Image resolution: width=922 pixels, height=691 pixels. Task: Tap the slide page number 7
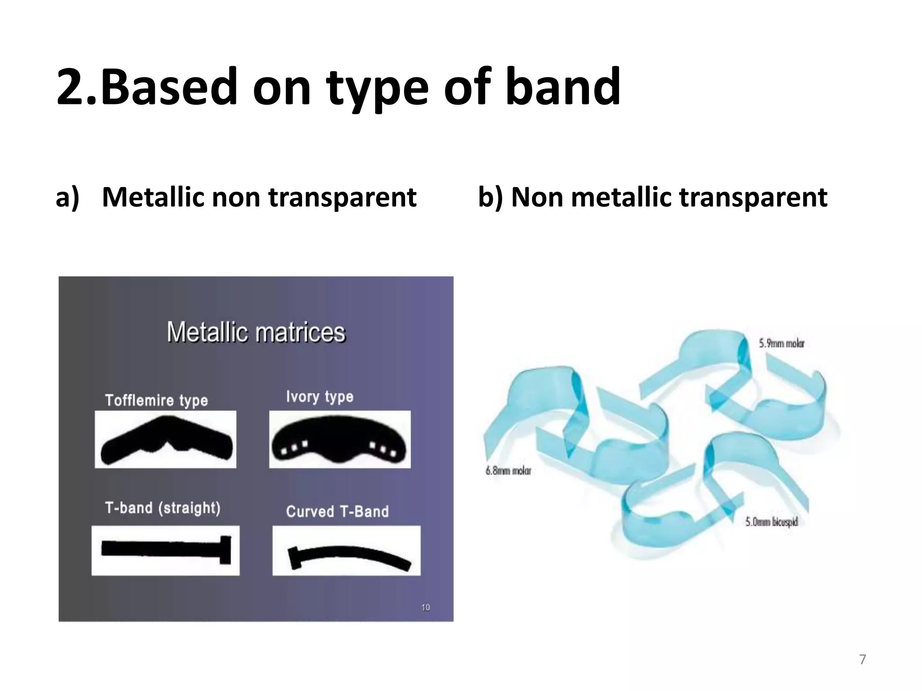click(x=862, y=660)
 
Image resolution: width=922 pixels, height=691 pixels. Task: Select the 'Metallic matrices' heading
click(x=256, y=332)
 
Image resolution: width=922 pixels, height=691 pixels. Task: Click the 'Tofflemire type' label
click(x=156, y=400)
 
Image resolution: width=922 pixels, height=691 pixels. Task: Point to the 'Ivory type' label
click(x=320, y=396)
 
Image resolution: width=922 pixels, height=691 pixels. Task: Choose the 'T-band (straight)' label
click(x=163, y=508)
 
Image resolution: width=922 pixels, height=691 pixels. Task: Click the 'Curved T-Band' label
click(x=337, y=512)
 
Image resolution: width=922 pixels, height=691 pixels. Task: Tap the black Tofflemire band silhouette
click(x=167, y=441)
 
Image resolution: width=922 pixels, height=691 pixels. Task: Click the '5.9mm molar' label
click(x=782, y=343)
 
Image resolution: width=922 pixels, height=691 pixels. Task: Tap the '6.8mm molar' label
click(x=508, y=471)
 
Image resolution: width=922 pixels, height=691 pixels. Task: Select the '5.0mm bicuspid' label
click(x=771, y=522)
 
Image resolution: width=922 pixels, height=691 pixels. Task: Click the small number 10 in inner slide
click(x=425, y=608)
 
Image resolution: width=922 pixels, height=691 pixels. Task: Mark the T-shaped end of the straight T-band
click(x=225, y=549)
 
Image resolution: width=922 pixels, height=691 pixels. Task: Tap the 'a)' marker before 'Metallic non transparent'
click(x=67, y=197)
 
